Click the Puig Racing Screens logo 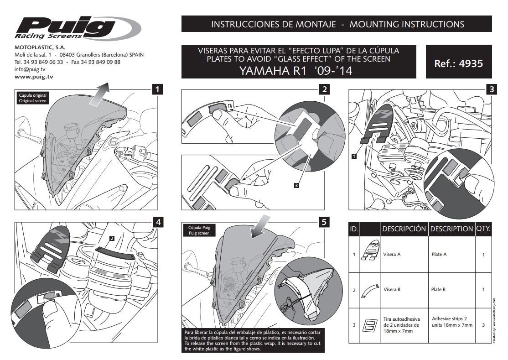pos(78,28)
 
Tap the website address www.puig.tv pos(34,77)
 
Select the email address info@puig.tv pos(30,69)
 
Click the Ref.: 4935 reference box pos(458,62)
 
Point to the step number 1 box pos(157,89)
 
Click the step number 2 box pos(324,89)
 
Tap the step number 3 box pos(492,89)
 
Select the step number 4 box pos(158,222)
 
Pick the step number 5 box pos(324,222)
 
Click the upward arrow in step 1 pos(98,94)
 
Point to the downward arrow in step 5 pos(261,226)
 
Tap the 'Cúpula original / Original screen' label pos(32,98)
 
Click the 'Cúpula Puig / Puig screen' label pos(199,230)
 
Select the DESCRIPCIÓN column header pos(404,229)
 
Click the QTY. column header pos(483,229)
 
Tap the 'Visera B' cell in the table pos(392,289)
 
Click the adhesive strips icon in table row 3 pos(369,325)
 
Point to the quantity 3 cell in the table pos(483,325)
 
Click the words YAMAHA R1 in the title pos(273,71)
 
